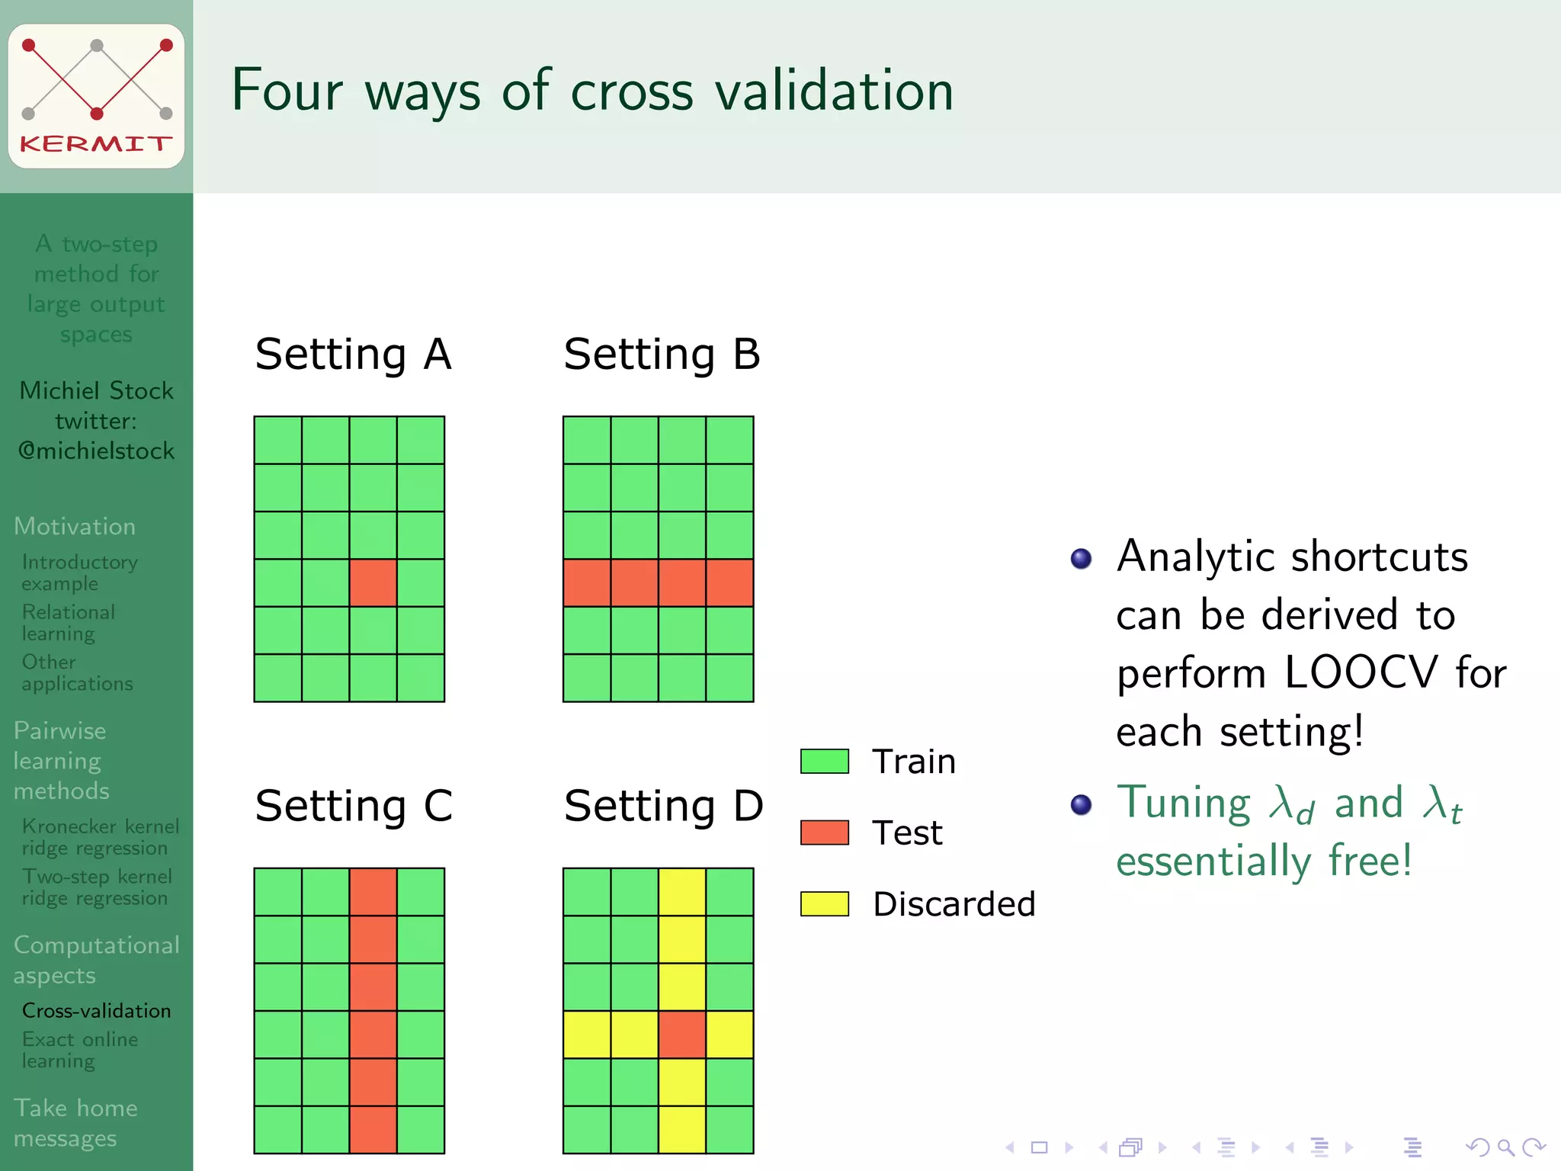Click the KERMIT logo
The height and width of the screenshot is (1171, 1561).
coord(96,96)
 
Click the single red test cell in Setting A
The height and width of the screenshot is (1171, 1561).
coord(373,583)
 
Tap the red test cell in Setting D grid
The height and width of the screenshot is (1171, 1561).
coord(682,1035)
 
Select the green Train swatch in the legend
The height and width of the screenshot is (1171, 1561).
coord(825,761)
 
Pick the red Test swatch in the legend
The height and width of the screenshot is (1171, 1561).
coord(825,833)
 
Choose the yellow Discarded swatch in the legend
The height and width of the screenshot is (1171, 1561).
coord(825,903)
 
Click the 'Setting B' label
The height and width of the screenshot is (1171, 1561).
coord(662,355)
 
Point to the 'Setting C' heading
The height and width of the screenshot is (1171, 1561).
coord(354,806)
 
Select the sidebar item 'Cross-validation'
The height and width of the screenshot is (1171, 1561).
coord(96,1011)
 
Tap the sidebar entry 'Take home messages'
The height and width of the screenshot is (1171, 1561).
coord(75,1122)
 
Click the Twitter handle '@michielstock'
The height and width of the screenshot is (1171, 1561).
coord(96,451)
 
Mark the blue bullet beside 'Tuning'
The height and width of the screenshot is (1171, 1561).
coord(1081,804)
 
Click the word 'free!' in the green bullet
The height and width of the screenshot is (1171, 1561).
coord(1370,861)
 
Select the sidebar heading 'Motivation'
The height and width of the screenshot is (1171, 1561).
coord(75,527)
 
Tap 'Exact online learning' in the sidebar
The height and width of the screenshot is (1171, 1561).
coord(80,1050)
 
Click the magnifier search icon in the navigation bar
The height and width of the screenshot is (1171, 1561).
coord(1505,1147)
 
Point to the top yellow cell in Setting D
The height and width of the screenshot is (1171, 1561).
coord(682,891)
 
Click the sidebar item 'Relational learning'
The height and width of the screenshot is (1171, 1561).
coord(69,622)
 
